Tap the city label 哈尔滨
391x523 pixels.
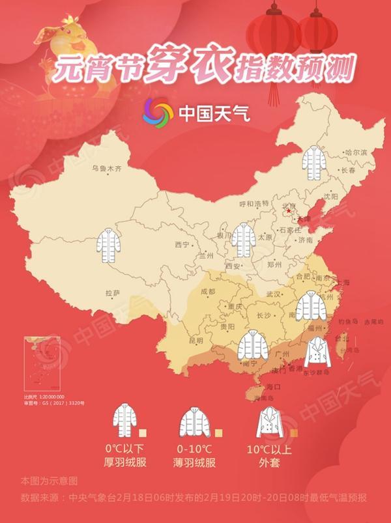pyautogui.click(x=356, y=152)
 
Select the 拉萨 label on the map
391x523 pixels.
pyautogui.click(x=113, y=293)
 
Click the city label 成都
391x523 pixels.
pyautogui.click(x=208, y=292)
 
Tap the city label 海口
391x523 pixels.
pyautogui.click(x=264, y=386)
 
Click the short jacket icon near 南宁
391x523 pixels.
pyautogui.click(x=253, y=347)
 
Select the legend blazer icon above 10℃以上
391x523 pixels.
pyautogui.click(x=272, y=421)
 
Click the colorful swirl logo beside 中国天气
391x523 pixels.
pyautogui.click(x=158, y=113)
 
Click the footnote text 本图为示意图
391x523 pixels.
pyautogui.click(x=49, y=481)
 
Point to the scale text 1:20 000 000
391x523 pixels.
pyautogui.click(x=51, y=397)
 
